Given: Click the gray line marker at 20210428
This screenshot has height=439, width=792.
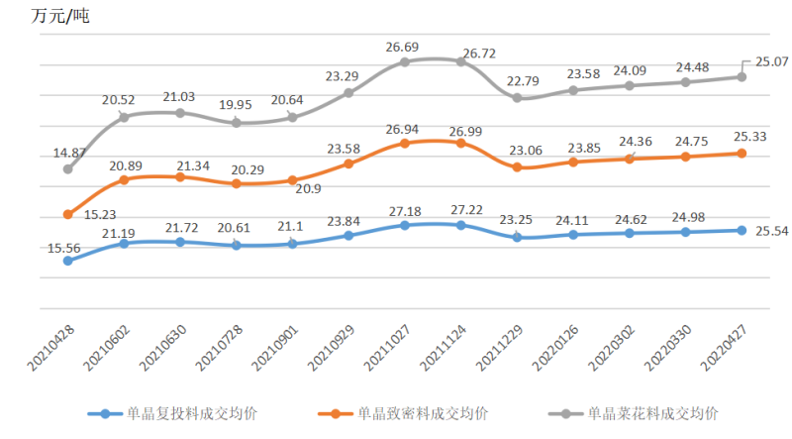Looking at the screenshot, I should click(x=67, y=169).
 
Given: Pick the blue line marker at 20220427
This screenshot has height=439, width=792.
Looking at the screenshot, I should click(x=742, y=230).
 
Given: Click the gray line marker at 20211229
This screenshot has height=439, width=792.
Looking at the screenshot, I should click(x=518, y=98).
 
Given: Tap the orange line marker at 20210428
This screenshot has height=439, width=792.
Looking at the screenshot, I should click(x=67, y=214).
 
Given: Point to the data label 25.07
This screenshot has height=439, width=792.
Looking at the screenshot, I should click(x=770, y=60).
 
